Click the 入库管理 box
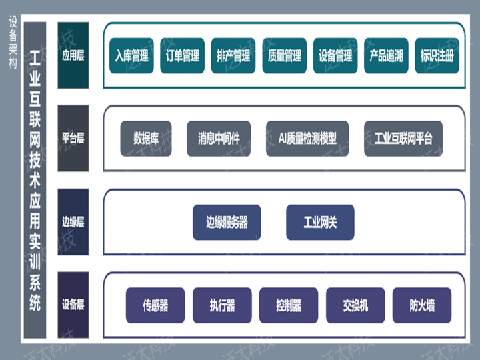[x=131, y=55]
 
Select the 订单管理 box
[x=182, y=55]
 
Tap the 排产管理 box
[x=233, y=55]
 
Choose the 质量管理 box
[x=284, y=55]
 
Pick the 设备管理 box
[x=335, y=55]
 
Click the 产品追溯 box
[x=386, y=55]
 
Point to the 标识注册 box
[x=437, y=55]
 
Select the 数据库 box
[x=146, y=139]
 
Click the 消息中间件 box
[x=219, y=139]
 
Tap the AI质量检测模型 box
[x=307, y=139]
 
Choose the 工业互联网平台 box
[x=403, y=139]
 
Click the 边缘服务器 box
[x=227, y=222]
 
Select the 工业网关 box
[x=320, y=222]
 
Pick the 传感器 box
[x=155, y=305]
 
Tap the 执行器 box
[x=222, y=305]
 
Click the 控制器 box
[x=289, y=305]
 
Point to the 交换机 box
[x=355, y=305]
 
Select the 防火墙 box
[x=422, y=305]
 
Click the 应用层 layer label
[x=73, y=55]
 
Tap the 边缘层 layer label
[x=73, y=222]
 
